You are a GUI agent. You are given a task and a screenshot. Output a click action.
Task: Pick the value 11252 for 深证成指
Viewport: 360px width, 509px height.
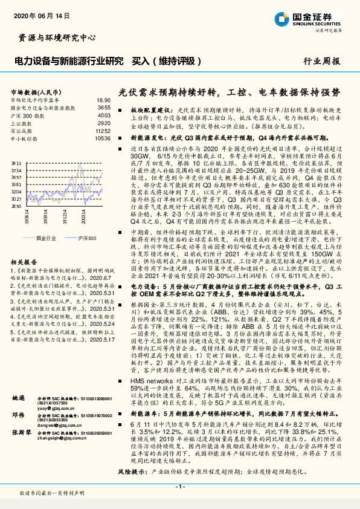click(103, 131)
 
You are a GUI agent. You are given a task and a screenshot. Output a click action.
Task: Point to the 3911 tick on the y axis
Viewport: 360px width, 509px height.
click(17, 163)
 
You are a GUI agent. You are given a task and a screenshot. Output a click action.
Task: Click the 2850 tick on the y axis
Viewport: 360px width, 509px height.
click(17, 206)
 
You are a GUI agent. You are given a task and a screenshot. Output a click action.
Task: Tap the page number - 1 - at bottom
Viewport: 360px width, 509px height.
click(179, 486)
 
